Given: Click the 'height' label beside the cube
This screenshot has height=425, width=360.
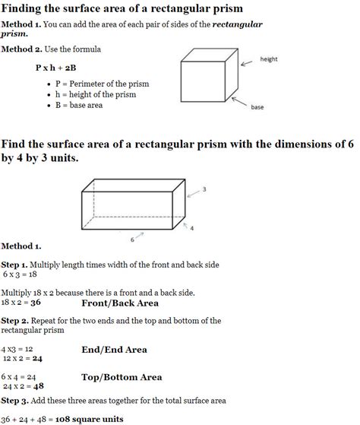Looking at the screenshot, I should [x=269, y=59].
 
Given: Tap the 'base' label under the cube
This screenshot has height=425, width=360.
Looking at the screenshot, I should [x=257, y=107].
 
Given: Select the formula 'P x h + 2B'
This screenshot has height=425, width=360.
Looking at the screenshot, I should [x=57, y=68].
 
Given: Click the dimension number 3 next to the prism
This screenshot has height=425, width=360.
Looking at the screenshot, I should [x=204, y=189].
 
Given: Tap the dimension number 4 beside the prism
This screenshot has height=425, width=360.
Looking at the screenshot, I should [x=192, y=227].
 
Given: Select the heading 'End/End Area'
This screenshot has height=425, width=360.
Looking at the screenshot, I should [x=114, y=350].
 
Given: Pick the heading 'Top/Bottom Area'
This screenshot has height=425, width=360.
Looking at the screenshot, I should [x=122, y=376].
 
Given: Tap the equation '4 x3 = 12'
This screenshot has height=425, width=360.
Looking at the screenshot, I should [x=17, y=348].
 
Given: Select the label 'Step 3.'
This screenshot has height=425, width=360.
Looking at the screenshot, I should [x=15, y=400].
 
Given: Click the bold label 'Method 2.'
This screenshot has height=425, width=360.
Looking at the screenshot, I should [x=21, y=49].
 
